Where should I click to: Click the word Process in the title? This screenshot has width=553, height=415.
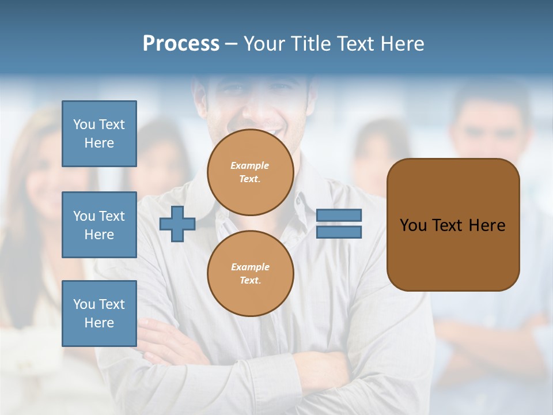181,44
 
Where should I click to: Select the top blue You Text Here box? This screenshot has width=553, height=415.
99,134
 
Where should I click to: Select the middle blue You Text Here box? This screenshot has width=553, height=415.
99,225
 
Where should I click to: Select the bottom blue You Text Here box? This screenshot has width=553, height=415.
99,314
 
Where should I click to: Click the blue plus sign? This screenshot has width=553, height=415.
177,224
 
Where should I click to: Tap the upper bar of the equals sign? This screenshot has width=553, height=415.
339,215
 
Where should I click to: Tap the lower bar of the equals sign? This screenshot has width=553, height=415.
339,232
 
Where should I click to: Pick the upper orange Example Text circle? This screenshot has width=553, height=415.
250,172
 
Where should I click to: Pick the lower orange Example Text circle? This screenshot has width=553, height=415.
250,273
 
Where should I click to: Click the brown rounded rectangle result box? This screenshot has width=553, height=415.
453,254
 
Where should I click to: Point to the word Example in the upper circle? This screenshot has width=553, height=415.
250,165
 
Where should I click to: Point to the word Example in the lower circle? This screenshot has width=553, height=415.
250,267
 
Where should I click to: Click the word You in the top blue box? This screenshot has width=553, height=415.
84,124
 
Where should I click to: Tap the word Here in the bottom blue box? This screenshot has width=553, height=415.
99,323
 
